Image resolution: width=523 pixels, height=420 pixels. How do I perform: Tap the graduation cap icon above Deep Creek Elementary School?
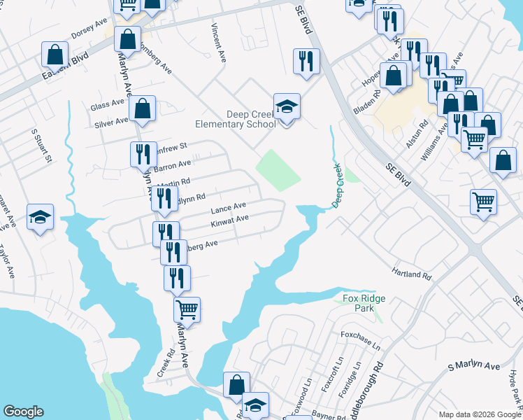[287, 107]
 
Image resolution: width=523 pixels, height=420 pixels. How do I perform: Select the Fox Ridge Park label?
[364, 303]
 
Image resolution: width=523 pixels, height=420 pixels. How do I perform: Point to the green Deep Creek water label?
[339, 185]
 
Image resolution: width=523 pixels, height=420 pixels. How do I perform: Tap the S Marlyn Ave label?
[474, 366]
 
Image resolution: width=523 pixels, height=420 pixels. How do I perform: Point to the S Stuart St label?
[41, 146]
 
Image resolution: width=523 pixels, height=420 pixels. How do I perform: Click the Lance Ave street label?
[229, 207]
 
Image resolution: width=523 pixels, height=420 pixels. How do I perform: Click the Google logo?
[23, 412]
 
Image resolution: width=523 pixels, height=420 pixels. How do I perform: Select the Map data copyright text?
[479, 414]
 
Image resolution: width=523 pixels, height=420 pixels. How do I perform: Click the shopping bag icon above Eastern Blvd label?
[55, 55]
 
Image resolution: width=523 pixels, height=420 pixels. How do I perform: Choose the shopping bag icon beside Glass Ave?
[142, 108]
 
